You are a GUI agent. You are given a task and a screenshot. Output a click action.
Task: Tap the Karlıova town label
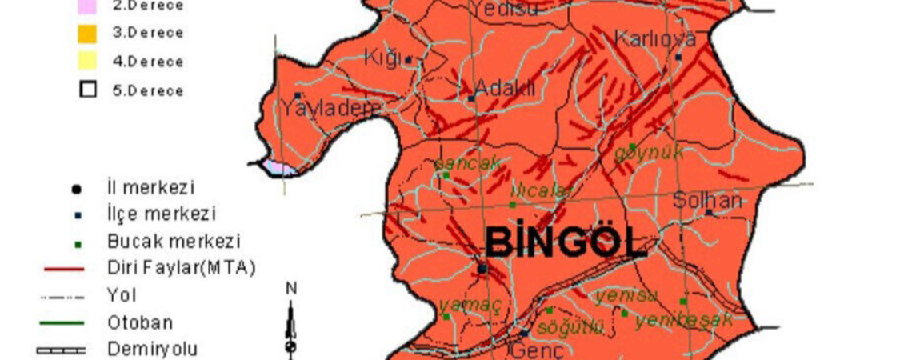(655, 39)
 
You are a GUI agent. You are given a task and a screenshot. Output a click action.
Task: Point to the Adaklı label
(505, 88)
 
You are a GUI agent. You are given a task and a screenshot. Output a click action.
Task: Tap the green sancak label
(468, 163)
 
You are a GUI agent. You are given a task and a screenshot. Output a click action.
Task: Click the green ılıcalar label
(543, 190)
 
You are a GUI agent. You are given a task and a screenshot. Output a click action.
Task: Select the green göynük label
(649, 152)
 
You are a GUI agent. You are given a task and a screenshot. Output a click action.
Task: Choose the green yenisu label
(626, 296)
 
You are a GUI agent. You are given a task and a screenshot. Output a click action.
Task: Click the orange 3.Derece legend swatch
(87, 34)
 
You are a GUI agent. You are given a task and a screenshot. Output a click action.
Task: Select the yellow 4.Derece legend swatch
(87, 62)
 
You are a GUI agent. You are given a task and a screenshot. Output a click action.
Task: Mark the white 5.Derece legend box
(87, 90)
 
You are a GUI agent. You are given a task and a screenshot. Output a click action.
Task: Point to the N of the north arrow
(291, 288)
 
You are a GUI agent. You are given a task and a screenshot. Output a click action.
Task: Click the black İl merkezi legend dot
(76, 189)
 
